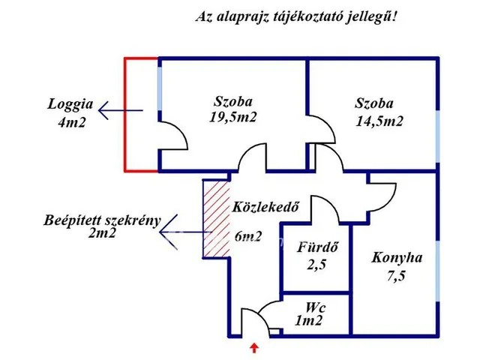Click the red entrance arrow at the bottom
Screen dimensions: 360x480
(255, 347)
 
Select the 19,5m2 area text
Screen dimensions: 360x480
(232, 117)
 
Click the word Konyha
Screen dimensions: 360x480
(397, 257)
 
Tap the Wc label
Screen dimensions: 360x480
(314, 307)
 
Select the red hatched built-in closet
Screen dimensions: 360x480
(216, 219)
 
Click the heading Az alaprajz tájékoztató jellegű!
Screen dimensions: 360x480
(295, 16)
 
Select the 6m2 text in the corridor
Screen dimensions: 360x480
(247, 237)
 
